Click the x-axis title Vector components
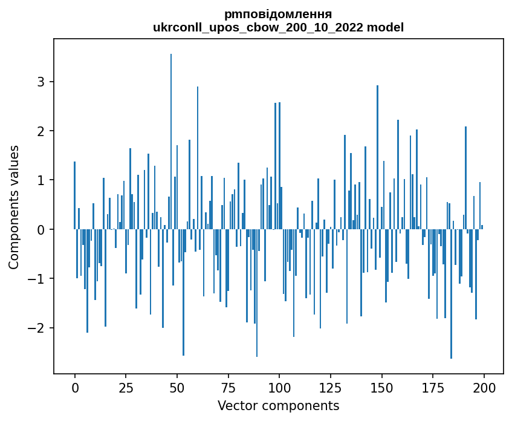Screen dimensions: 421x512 point(278,405)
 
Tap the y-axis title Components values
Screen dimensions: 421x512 point(14,207)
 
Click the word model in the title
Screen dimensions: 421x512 point(388,27)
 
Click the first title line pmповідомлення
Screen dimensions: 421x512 point(278,14)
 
